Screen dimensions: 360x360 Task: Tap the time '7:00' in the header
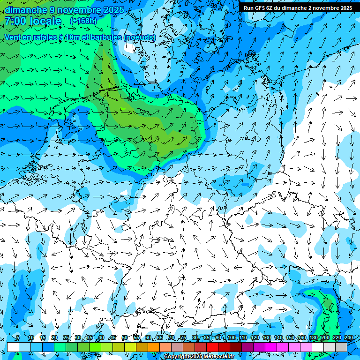point(15,21)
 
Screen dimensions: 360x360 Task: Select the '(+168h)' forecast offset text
point(83,21)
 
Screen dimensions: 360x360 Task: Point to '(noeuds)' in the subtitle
point(140,37)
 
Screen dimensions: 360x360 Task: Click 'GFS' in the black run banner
point(259,8)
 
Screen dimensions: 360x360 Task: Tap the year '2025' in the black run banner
point(346,8)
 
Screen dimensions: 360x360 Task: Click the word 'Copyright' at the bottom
point(177,357)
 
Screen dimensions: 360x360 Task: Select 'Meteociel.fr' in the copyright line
point(218,357)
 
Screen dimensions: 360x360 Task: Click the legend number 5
point(18,337)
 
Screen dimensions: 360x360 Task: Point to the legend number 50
point(124,337)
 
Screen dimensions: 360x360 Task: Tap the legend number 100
point(231,337)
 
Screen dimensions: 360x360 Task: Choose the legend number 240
point(348,337)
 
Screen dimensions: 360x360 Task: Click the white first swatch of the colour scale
point(13,347)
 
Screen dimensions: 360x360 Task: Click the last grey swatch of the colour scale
point(341,347)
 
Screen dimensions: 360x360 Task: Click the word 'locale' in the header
point(45,21)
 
